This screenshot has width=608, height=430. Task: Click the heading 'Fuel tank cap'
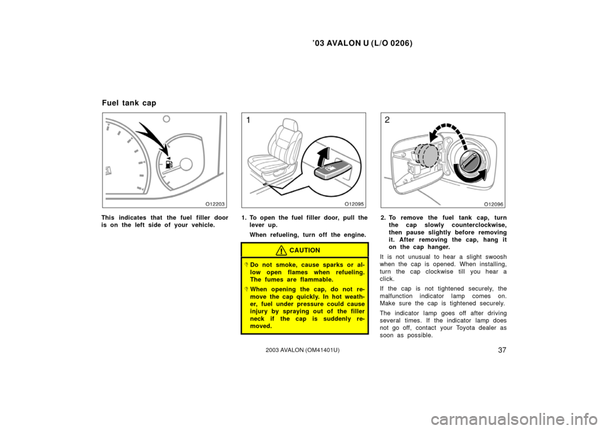pos(129,103)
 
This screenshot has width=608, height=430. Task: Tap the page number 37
pos(502,350)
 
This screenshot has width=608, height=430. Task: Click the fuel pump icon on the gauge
pos(168,163)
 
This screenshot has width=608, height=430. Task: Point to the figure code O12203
pos(215,204)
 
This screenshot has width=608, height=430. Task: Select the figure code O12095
pos(355,204)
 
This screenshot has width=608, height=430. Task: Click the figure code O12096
pos(493,204)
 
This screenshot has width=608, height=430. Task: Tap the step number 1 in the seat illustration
pos(248,120)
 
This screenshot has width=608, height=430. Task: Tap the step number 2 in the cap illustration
pos(387,120)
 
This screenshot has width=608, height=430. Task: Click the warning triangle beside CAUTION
pos(281,251)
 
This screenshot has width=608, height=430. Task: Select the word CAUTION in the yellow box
pos(305,251)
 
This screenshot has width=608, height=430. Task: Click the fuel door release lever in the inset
pos(333,170)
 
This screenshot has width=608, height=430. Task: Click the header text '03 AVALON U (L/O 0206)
pos(362,44)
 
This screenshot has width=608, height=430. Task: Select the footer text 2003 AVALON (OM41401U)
pos(303,350)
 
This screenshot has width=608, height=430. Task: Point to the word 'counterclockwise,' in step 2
pos(479,225)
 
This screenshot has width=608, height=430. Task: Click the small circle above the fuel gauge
pos(167,119)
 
